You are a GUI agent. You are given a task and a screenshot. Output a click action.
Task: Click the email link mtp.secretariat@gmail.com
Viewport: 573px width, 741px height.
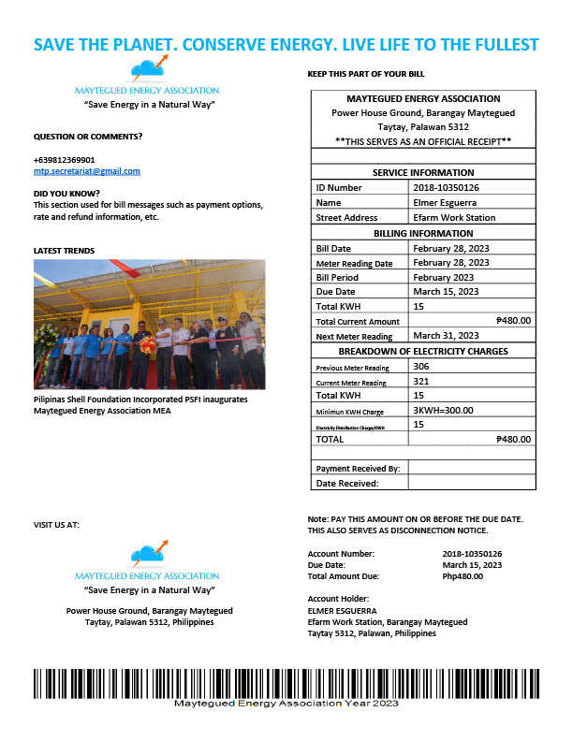[x=86, y=171]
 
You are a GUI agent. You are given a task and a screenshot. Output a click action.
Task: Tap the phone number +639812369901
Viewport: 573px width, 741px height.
[x=64, y=160]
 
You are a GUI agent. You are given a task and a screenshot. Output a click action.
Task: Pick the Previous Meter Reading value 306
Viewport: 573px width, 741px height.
[x=421, y=368]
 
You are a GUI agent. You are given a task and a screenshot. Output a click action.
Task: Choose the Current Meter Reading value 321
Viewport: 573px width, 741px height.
[x=421, y=382]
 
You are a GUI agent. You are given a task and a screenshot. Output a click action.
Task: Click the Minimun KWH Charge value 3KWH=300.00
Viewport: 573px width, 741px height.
[x=443, y=410]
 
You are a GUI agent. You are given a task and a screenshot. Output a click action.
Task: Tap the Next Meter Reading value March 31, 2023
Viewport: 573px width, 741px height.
[x=446, y=335]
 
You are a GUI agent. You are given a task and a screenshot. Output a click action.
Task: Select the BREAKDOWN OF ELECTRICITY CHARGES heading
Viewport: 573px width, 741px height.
[x=424, y=351]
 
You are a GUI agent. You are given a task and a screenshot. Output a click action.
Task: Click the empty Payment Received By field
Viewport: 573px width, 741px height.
[x=472, y=468]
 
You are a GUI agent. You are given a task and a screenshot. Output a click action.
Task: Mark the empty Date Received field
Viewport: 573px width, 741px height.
[x=472, y=483]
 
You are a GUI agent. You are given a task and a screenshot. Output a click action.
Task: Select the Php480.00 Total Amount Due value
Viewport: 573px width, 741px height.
[x=463, y=576]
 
